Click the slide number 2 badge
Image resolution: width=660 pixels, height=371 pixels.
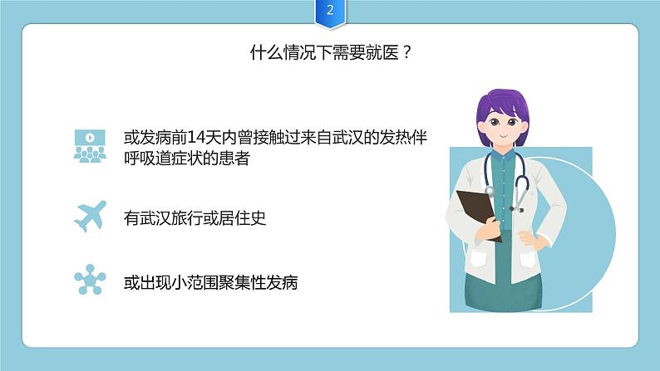click(x=330, y=12)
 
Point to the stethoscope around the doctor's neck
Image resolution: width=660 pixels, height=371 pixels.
click(x=522, y=178)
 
